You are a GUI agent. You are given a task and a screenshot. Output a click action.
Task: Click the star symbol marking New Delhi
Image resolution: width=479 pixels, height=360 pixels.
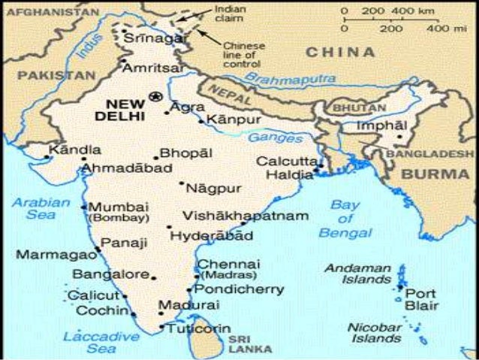coord(156,95)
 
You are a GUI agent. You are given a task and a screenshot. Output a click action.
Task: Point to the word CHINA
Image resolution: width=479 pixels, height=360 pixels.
coord(340,52)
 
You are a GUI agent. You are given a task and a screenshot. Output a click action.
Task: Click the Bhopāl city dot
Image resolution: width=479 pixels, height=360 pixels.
coord(155,158)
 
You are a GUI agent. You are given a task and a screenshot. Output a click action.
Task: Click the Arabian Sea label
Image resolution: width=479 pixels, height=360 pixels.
coord(41,209)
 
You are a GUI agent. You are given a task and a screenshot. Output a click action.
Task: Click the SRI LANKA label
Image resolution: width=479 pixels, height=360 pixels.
coord(245,343)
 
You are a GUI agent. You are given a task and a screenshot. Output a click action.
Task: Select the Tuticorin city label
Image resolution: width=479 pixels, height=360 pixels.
coord(199,329)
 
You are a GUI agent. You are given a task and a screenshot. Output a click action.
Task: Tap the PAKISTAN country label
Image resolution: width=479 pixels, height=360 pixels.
coord(57,75)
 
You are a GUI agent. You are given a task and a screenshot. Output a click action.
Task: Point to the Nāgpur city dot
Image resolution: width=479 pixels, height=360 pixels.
coord(182,183)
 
